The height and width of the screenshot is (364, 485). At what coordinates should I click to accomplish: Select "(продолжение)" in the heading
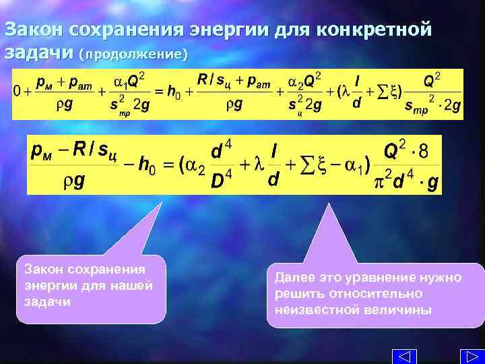tap(133, 53)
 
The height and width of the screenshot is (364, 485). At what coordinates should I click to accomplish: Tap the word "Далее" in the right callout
tap(294, 278)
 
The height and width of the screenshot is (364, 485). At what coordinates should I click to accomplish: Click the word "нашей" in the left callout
tap(129, 285)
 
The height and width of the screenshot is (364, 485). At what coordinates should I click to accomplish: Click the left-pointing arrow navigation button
tap(403, 356)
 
